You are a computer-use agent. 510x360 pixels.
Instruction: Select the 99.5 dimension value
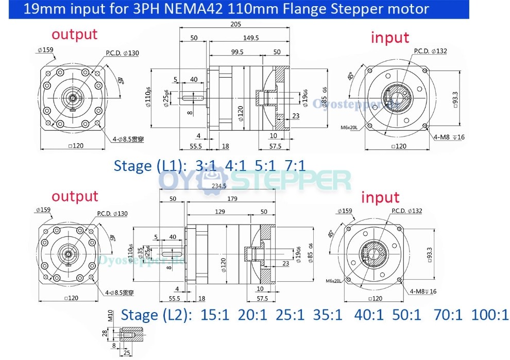[237, 52]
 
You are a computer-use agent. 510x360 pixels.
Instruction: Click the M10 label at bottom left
[109, 316]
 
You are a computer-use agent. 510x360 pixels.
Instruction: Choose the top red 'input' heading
[390, 37]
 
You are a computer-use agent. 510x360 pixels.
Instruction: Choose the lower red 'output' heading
[75, 196]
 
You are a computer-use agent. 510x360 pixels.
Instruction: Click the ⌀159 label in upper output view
[45, 50]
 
